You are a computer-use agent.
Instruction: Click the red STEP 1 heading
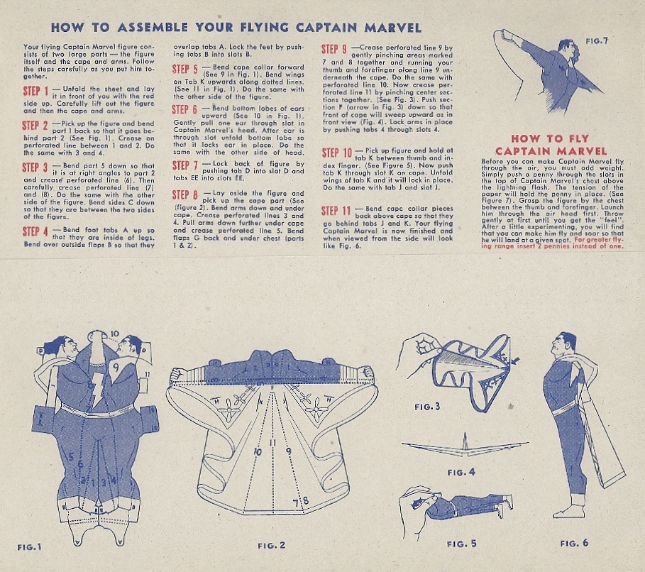(35, 91)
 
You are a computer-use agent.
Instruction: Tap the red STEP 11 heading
(336, 211)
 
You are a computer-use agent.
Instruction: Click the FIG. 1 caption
(30, 547)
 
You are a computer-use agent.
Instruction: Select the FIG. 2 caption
(272, 545)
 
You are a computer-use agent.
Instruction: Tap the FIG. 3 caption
(427, 407)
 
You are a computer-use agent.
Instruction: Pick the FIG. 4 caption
(461, 472)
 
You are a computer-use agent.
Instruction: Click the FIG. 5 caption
(461, 544)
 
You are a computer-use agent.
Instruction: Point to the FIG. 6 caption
(574, 543)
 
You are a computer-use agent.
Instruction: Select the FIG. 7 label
(597, 40)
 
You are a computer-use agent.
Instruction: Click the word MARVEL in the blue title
(393, 28)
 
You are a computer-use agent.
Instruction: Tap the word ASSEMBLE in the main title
(153, 28)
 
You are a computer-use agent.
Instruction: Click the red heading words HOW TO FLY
(550, 138)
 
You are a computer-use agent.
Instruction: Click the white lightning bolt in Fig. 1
(97, 390)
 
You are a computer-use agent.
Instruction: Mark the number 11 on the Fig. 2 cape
(272, 443)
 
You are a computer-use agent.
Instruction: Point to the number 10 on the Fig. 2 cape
(258, 452)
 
